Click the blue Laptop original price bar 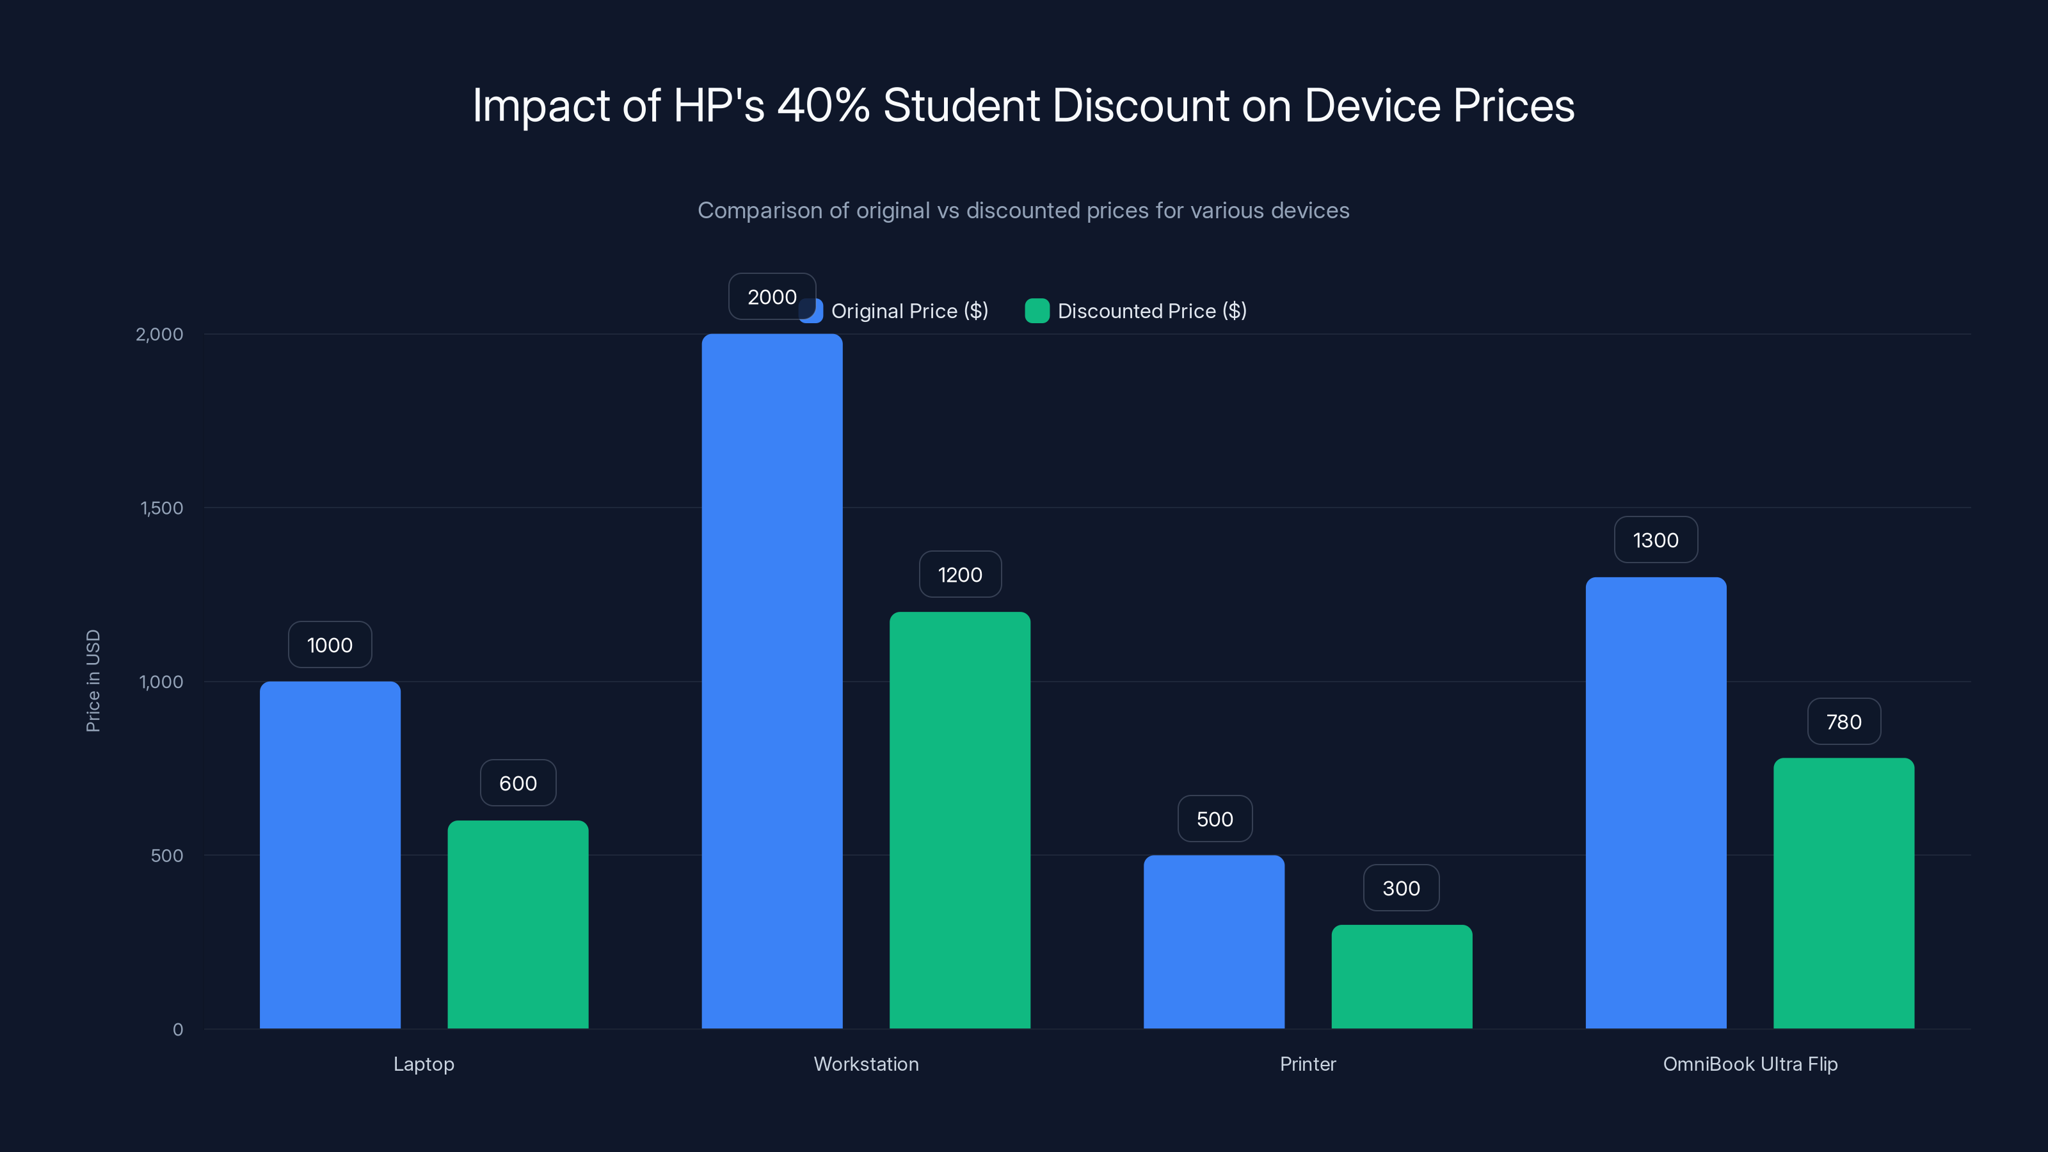[x=330, y=854]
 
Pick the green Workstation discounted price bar [x=959, y=820]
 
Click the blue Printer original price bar [x=1214, y=941]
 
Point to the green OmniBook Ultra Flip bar [x=1844, y=893]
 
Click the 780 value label [x=1844, y=722]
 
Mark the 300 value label [x=1401, y=888]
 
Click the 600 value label [x=518, y=783]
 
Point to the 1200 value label [x=959, y=575]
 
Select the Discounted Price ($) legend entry [x=1137, y=311]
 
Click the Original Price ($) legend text [x=909, y=311]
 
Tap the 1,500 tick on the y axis [x=161, y=508]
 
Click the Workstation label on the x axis [x=866, y=1064]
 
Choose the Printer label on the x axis [x=1308, y=1064]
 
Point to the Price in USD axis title [x=93, y=680]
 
